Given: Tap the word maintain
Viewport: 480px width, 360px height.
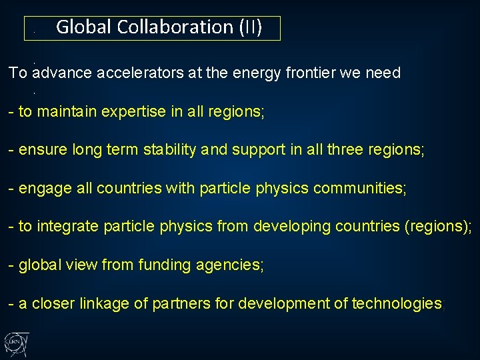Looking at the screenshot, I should (x=65, y=112).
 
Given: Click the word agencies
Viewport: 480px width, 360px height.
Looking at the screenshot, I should (x=230, y=265).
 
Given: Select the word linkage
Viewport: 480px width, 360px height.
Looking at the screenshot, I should (x=106, y=304).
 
